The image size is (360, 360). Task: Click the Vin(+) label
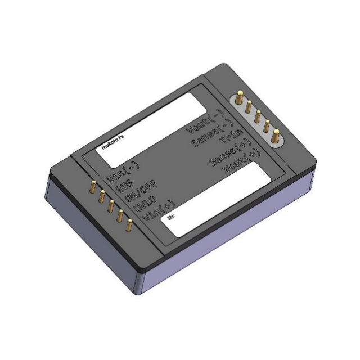pyautogui.click(x=156, y=209)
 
